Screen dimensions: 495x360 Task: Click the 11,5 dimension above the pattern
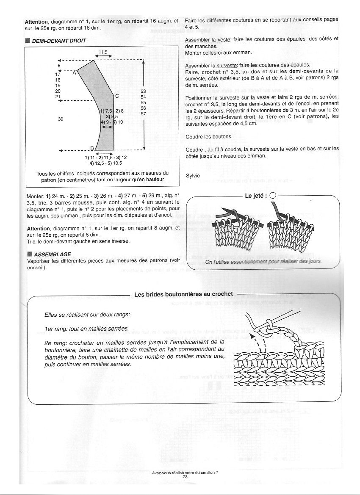point(103,52)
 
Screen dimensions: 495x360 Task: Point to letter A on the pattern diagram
point(74,73)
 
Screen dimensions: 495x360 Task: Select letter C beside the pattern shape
point(116,96)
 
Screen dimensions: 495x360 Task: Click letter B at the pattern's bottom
point(91,148)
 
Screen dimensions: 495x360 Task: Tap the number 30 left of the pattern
point(61,119)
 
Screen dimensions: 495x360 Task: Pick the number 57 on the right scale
point(143,113)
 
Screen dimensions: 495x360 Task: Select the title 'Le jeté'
point(255,196)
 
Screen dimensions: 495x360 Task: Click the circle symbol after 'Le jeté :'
point(272,196)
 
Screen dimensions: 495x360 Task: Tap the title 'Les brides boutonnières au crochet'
point(183,294)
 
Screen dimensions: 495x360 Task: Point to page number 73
point(185,476)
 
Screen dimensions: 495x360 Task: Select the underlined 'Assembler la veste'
point(208,39)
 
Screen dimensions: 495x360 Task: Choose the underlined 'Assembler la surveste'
point(211,66)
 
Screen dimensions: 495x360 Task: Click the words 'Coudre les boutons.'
point(209,137)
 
